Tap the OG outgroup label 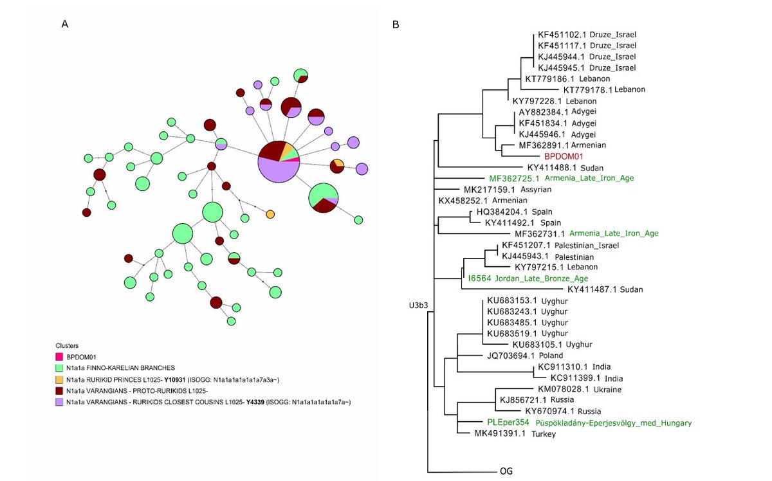point(506,471)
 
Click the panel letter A point(64,24)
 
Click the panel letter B point(396,24)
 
